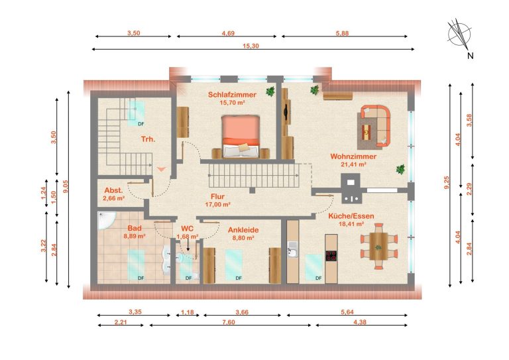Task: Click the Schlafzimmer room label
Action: [232, 95]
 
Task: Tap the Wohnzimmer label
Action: [353, 156]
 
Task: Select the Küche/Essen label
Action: [351, 216]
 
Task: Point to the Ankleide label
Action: [243, 230]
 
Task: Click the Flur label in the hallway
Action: [217, 196]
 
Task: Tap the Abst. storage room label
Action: [113, 190]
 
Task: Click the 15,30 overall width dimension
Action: [251, 46]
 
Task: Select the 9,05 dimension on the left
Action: [66, 187]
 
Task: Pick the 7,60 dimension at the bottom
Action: [229, 322]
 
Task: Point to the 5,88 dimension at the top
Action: [342, 33]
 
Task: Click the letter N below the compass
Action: [470, 56]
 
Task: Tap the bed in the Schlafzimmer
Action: [241, 136]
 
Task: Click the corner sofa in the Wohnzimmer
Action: [375, 126]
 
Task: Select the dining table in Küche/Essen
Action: [378, 246]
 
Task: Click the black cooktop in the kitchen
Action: [331, 255]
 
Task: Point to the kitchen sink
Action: [292, 249]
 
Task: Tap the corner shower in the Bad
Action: [106, 220]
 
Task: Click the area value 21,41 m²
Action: [353, 164]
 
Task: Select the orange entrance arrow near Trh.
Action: [161, 169]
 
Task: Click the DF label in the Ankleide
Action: [239, 278]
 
